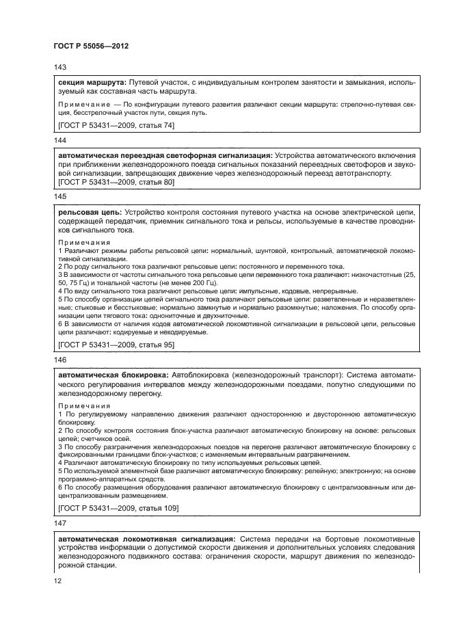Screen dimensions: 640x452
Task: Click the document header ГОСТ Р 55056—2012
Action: coord(91,46)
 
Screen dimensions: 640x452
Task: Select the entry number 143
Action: coord(59,68)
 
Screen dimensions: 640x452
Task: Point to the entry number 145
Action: coord(59,196)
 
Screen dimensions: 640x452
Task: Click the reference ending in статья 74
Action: coord(116,125)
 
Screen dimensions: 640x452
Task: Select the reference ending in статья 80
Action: coord(116,183)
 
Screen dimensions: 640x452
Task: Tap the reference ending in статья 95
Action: coord(116,345)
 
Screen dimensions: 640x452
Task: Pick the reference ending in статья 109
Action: coord(118,508)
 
